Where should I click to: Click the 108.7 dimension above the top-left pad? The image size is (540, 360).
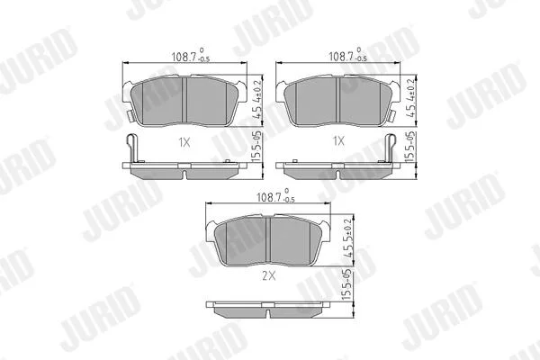[x=191, y=56]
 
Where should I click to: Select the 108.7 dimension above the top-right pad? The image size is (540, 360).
[x=347, y=56]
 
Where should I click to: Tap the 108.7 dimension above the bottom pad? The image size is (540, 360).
[x=276, y=196]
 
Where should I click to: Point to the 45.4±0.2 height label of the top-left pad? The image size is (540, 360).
[x=256, y=99]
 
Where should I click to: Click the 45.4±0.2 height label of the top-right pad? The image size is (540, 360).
[x=410, y=98]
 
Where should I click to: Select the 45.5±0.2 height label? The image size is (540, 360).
[x=348, y=238]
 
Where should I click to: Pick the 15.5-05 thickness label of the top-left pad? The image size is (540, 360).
[x=256, y=147]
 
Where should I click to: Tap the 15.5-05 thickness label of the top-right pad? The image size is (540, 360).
[x=410, y=147]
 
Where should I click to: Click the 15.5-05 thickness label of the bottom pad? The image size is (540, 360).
[x=347, y=285]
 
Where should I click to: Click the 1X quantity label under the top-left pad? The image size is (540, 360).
[x=184, y=142]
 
